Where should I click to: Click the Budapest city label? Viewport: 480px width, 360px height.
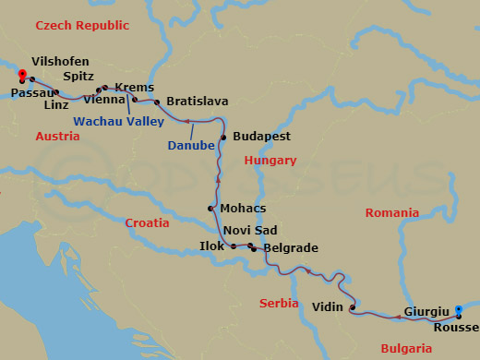pyautogui.click(x=262, y=136)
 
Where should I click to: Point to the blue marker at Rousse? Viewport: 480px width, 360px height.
pyautogui.click(x=460, y=325)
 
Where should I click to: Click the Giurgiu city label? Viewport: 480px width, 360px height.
pyautogui.click(x=426, y=312)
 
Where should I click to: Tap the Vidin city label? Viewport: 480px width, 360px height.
pyautogui.click(x=328, y=306)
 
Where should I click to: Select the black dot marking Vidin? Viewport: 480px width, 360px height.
pyautogui.click(x=353, y=307)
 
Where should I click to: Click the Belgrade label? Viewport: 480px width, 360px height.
pyautogui.click(x=291, y=248)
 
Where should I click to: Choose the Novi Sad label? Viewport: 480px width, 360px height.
pyautogui.click(x=250, y=230)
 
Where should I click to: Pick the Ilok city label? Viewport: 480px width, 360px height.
pyautogui.click(x=211, y=246)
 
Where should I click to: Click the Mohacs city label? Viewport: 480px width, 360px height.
pyautogui.click(x=243, y=209)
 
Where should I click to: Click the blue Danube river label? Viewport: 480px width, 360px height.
pyautogui.click(x=190, y=144)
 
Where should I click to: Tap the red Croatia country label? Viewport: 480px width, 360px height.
pyautogui.click(x=147, y=222)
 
